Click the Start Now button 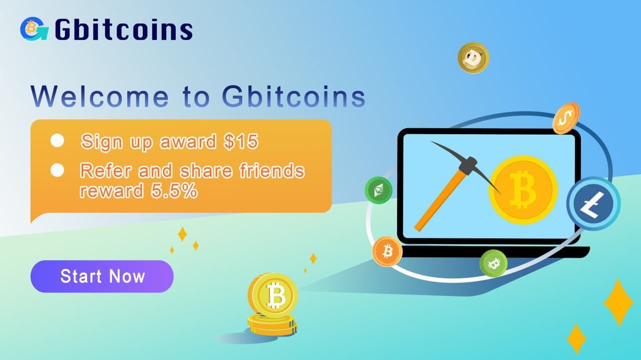(102, 276)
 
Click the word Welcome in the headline (100, 97)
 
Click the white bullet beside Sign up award (58, 141)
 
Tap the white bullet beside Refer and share (58, 170)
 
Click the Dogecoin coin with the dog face (473, 58)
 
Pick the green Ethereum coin (379, 190)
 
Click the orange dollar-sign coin (566, 118)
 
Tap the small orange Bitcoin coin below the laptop (387, 251)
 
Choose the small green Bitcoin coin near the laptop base (493, 263)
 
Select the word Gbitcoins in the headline (293, 97)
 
